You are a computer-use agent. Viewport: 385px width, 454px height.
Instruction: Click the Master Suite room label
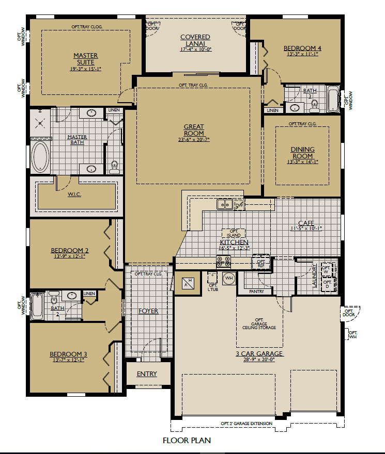click(x=86, y=59)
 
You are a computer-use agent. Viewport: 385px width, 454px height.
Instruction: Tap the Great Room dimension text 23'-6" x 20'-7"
click(x=194, y=140)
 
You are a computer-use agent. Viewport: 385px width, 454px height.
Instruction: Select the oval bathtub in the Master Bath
click(x=40, y=156)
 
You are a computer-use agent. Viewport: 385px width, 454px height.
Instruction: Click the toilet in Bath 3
click(x=314, y=105)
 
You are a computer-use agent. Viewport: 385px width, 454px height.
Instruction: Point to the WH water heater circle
click(x=229, y=278)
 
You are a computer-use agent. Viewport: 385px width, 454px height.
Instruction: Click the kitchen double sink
click(x=225, y=204)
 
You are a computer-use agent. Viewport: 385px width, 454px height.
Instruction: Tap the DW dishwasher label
click(x=239, y=205)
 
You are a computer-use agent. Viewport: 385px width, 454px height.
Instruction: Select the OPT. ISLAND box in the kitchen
click(x=234, y=233)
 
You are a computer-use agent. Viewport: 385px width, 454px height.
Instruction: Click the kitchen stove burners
click(x=224, y=262)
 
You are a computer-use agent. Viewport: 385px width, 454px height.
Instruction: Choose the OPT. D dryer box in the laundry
click(x=328, y=284)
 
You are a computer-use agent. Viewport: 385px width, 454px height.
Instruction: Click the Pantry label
click(x=256, y=291)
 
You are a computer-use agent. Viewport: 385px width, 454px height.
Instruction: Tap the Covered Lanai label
click(x=195, y=40)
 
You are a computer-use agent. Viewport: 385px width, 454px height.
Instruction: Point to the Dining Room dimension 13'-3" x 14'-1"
click(x=303, y=162)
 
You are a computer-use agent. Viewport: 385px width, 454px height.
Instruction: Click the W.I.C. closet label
click(x=74, y=194)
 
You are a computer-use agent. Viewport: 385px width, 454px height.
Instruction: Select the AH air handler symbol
click(x=188, y=283)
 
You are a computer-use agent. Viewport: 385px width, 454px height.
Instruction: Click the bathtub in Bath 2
click(x=37, y=306)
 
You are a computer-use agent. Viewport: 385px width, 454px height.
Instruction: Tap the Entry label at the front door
click(x=147, y=374)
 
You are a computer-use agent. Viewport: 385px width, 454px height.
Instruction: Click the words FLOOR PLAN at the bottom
click(x=187, y=441)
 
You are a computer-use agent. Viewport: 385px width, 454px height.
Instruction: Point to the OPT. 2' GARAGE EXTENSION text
click(x=247, y=424)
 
